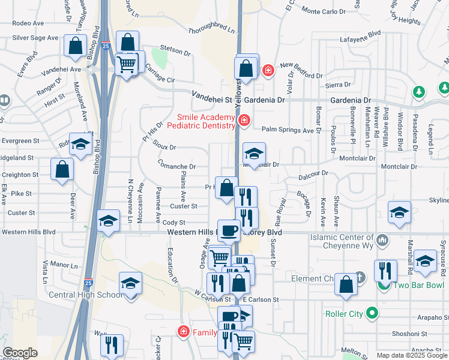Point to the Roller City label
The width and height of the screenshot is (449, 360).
coord(345,313)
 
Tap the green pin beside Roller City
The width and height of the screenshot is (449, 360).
coord(373,313)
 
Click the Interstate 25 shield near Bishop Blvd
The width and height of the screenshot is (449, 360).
coord(105,45)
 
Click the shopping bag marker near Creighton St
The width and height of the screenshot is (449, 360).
coord(62,170)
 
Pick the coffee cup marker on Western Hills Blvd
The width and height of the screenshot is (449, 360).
coord(229,230)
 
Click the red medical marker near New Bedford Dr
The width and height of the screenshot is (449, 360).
coord(267,71)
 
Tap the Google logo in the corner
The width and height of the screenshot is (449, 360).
coord(20,353)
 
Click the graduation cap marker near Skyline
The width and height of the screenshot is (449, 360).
coord(399,212)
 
